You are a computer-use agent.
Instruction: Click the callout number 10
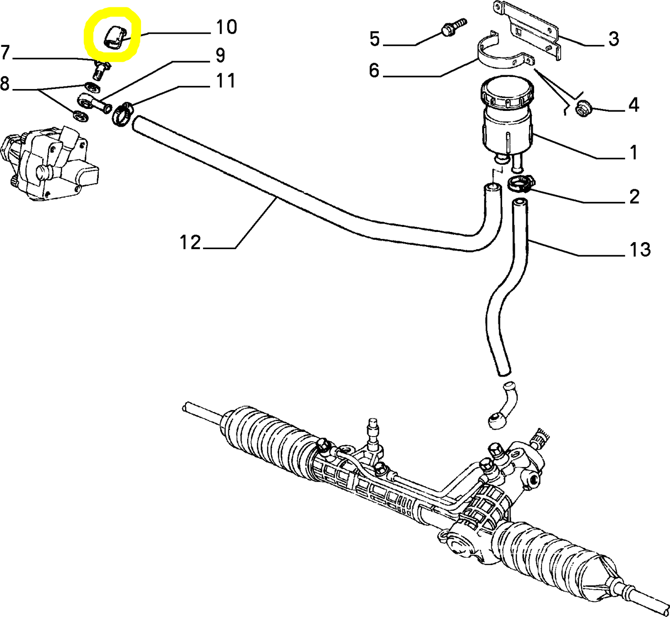tap(226, 27)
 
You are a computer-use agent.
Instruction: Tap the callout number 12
tap(190, 242)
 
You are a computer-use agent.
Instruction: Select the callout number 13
tap(640, 250)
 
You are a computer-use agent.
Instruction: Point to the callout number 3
tap(613, 39)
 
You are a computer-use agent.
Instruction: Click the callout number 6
tap(374, 71)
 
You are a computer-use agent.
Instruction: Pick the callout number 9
tap(220, 55)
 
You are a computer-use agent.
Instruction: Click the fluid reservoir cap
tap(506, 94)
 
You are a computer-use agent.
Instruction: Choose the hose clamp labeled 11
tap(122, 114)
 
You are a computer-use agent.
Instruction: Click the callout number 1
tap(633, 152)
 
